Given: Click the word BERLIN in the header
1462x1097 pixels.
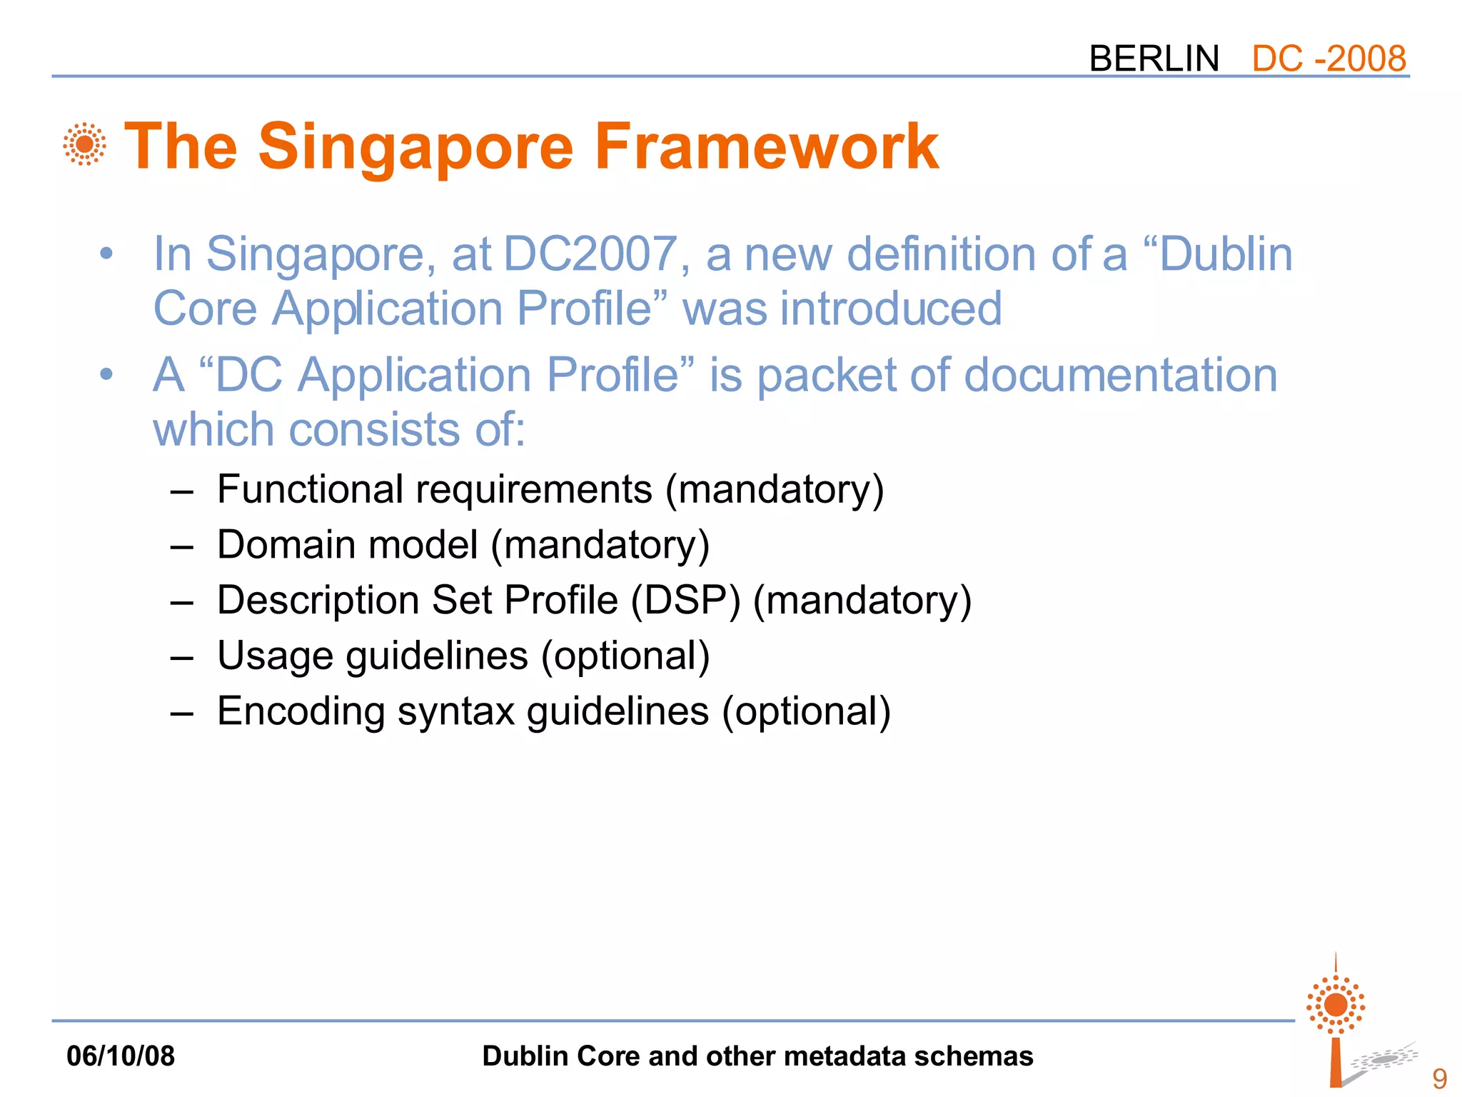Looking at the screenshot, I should click(x=1154, y=59).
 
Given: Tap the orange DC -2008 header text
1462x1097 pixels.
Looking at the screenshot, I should click(x=1329, y=59).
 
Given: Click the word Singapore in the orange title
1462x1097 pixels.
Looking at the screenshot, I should click(x=415, y=147).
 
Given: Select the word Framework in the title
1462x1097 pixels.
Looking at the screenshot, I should click(x=766, y=147).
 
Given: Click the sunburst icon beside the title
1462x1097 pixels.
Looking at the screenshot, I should click(x=85, y=144).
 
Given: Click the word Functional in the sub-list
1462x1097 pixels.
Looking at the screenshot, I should click(x=311, y=489).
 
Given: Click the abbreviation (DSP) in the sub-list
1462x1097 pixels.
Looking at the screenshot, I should click(x=685, y=600).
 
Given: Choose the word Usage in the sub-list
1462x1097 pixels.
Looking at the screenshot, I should click(x=275, y=656).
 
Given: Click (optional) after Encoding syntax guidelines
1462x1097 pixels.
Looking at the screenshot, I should click(x=806, y=711).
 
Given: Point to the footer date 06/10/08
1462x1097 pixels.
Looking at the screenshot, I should click(x=121, y=1056).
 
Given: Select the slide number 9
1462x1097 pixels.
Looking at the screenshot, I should click(x=1439, y=1078).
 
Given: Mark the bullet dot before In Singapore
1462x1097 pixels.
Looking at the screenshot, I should click(x=106, y=254).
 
